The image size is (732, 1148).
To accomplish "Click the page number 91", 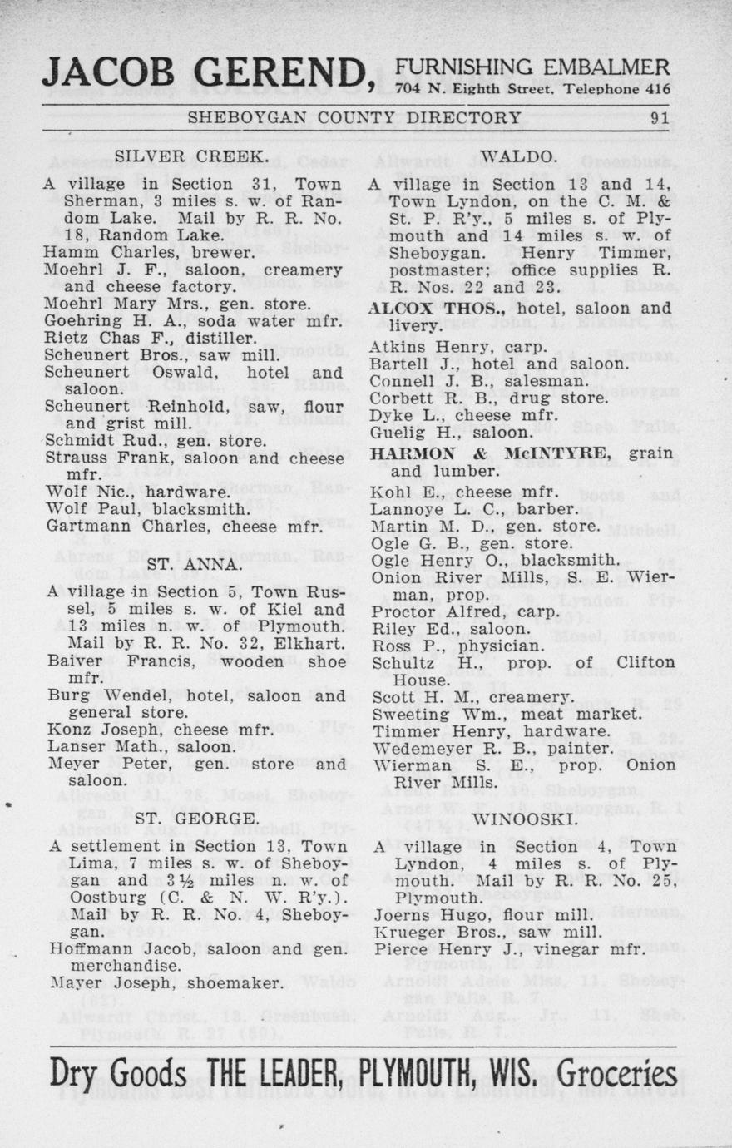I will pos(660,118).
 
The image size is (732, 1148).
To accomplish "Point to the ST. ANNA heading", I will pos(194,564).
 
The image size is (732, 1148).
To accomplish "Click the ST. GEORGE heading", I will pos(197,818).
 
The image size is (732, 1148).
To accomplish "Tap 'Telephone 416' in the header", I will pos(616,89).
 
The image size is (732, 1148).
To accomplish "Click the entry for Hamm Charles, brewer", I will pos(150,252).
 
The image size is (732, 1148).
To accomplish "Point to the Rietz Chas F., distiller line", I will pos(151,339).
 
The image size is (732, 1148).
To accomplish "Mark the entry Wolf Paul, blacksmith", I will pos(147,508).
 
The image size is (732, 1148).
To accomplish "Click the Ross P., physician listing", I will pos(457,646).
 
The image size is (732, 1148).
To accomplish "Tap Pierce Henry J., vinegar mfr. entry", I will pos(510,949).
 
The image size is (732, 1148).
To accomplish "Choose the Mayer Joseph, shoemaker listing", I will pos(165,983).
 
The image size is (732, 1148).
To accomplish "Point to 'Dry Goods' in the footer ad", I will pos(119,1074).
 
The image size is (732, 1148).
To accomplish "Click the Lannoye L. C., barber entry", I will pos(473,509).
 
